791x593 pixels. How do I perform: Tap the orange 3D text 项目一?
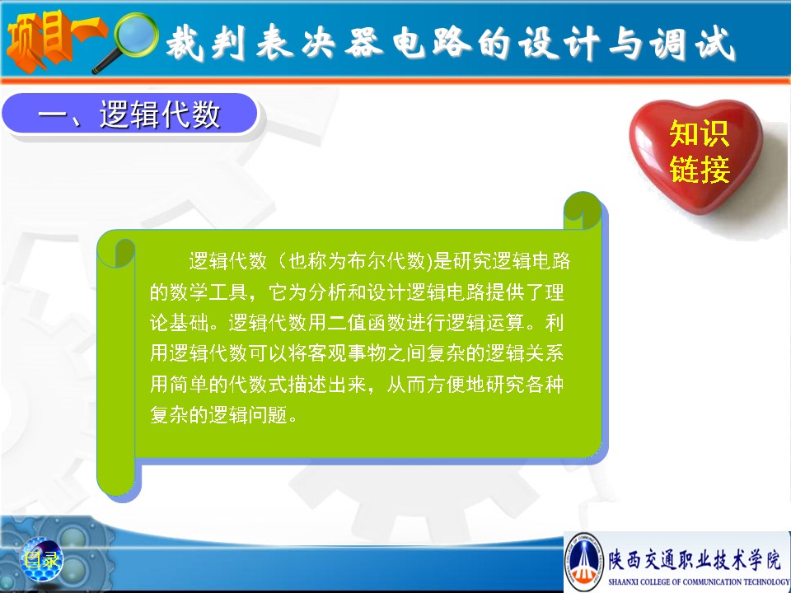pyautogui.click(x=55, y=40)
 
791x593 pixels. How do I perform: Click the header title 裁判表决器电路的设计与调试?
pyautogui.click(x=451, y=44)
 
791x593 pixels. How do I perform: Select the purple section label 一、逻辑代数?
pyautogui.click(x=129, y=114)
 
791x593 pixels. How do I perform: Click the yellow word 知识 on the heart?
pyautogui.click(x=700, y=133)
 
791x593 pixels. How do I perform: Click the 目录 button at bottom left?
pyautogui.click(x=41, y=559)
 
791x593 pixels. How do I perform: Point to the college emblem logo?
pyautogui.click(x=584, y=561)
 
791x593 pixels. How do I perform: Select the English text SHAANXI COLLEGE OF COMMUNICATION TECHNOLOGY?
pyautogui.click(x=699, y=582)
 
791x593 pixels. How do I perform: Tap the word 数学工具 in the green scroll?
pyautogui.click(x=208, y=292)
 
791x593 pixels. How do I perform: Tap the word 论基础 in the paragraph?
pyautogui.click(x=179, y=323)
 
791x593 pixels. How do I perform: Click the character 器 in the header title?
pyautogui.click(x=363, y=43)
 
